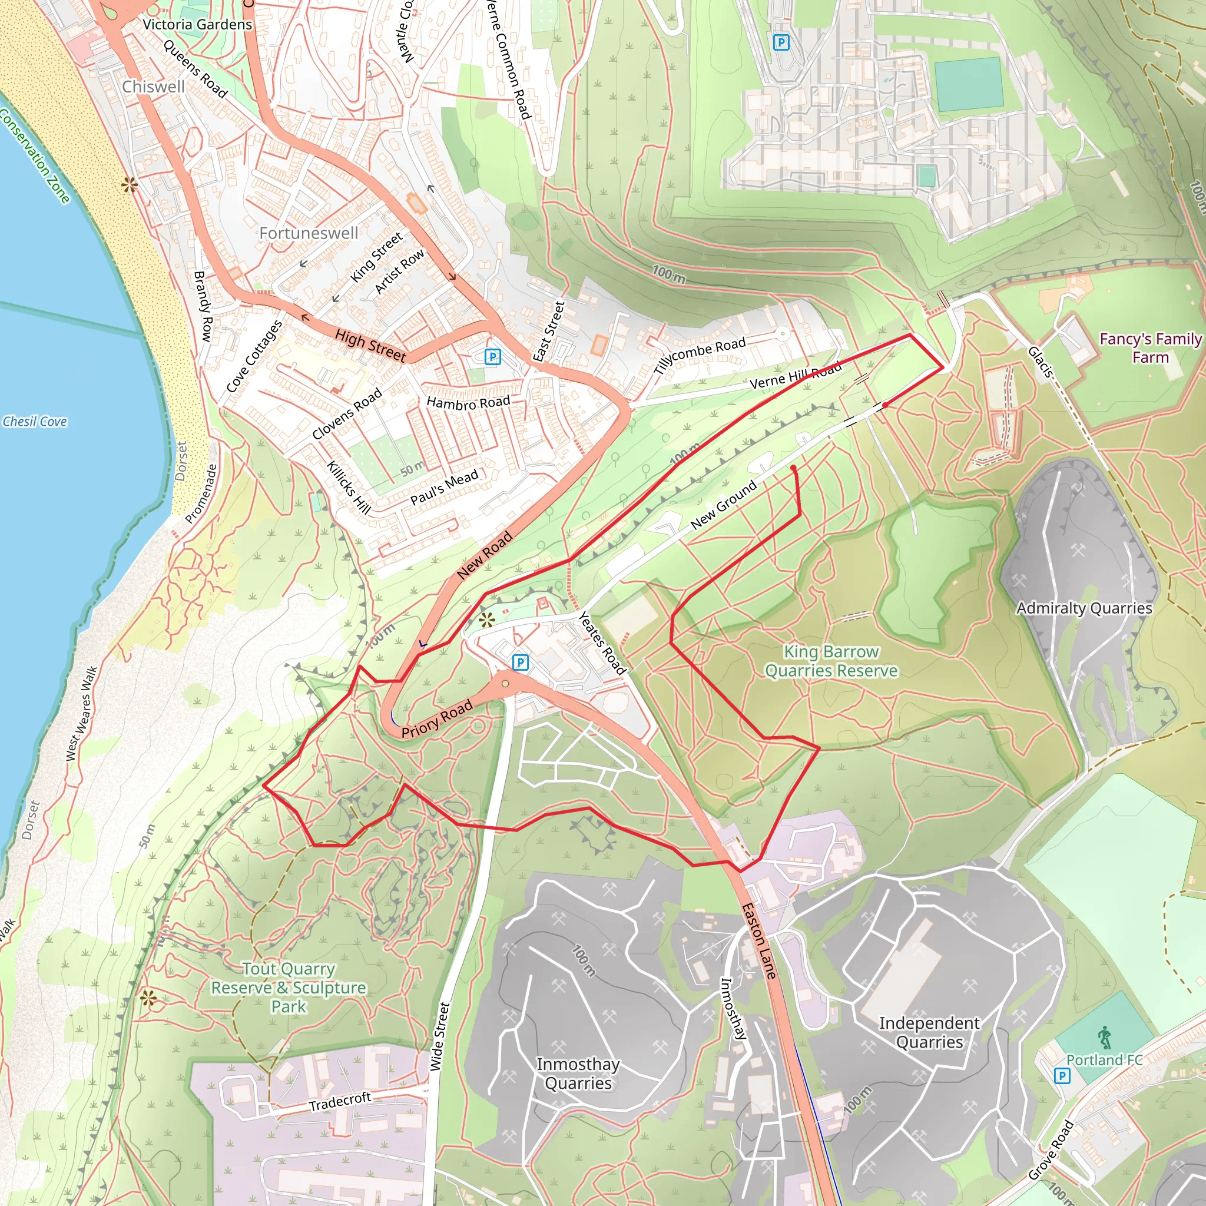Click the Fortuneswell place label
(x=309, y=233)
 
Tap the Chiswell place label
(x=153, y=87)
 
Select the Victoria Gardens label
(x=197, y=24)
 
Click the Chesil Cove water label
(x=35, y=422)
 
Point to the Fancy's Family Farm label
(x=1150, y=347)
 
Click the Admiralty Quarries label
(x=1084, y=608)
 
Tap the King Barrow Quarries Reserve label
(x=831, y=661)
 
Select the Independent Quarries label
(x=929, y=1032)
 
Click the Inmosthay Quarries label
(x=578, y=1074)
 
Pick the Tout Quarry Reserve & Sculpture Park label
(x=289, y=988)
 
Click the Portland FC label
(x=1104, y=1060)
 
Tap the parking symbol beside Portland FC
(x=1062, y=1075)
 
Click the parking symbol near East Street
(x=492, y=356)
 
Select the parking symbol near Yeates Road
(x=520, y=662)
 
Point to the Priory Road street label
(x=436, y=719)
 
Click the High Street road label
(x=370, y=345)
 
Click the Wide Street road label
(x=440, y=1036)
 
